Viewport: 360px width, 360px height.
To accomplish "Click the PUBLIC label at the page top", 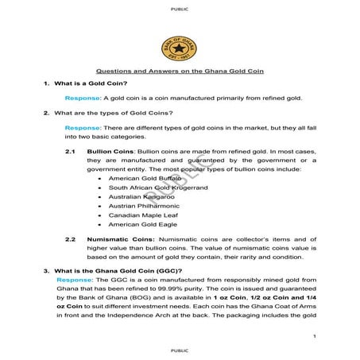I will [x=180, y=9].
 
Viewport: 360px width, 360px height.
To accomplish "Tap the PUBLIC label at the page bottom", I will [x=180, y=349].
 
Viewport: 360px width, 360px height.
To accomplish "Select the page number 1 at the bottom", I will [x=315, y=337].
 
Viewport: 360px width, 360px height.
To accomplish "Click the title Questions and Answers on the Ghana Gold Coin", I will [x=180, y=72].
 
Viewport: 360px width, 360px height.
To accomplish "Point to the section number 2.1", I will [x=70, y=151].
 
